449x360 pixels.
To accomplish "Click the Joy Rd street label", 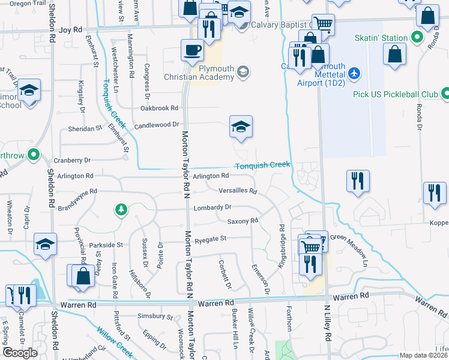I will [x=70, y=29].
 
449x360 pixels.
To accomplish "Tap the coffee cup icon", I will [x=192, y=50].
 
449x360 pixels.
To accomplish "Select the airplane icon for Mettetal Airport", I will [x=354, y=73].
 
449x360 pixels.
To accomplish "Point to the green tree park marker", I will [x=121, y=209].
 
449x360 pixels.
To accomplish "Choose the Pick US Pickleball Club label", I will [x=393, y=94].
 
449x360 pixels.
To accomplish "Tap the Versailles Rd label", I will [x=238, y=191].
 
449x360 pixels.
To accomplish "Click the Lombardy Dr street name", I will [x=212, y=207].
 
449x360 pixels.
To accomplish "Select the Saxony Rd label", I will [x=243, y=221].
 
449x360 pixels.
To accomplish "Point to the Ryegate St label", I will [x=210, y=239].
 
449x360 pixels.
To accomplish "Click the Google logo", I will [x=20, y=353].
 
